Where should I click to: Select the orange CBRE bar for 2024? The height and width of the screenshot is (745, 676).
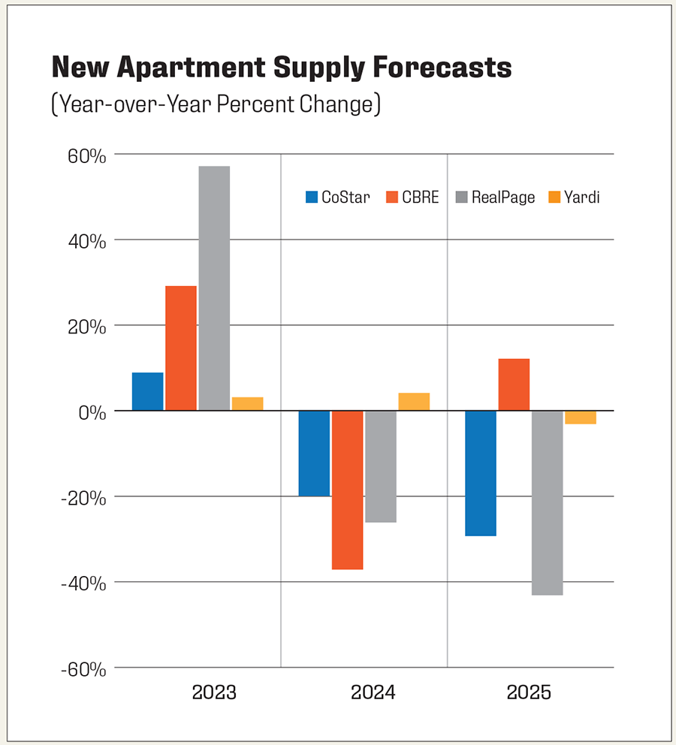(348, 490)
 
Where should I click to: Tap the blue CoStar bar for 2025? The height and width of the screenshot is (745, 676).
(481, 473)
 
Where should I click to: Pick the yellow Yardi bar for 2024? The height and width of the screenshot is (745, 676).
(414, 402)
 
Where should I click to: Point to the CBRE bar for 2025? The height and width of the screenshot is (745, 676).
(514, 385)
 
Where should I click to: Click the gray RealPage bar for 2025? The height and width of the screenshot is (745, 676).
(547, 502)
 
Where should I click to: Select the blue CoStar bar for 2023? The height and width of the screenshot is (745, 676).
(147, 391)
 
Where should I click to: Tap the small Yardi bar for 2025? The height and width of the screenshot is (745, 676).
(581, 418)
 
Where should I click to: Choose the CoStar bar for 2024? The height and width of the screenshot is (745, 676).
(314, 453)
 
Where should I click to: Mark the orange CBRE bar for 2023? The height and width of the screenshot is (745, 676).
(181, 348)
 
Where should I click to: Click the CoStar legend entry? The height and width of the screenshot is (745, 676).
(337, 198)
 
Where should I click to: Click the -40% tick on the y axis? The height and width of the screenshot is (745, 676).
(85, 583)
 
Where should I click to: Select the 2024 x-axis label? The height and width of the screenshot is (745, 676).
(373, 692)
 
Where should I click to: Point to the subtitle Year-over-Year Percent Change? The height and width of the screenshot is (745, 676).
(216, 104)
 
